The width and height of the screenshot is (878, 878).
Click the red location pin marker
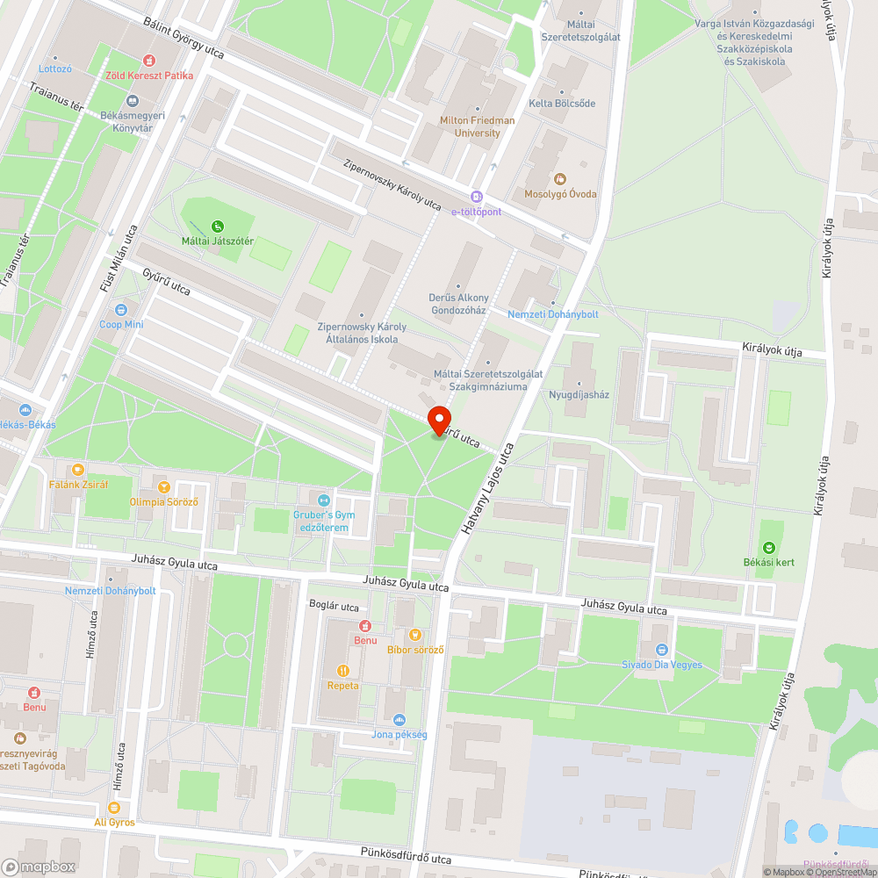point(438,420)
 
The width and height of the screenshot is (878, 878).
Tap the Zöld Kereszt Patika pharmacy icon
point(149,61)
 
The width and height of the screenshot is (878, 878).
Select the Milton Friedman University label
point(471,126)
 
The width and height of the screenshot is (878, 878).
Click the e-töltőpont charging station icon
point(477,197)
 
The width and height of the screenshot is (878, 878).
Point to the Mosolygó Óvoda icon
point(561,179)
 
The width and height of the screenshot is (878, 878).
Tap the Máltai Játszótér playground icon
point(218,227)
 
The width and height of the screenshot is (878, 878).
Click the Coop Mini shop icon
point(121,310)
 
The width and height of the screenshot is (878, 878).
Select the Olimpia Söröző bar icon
point(163,486)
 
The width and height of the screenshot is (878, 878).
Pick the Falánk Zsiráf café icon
point(78,470)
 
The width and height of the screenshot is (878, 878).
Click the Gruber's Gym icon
point(322,500)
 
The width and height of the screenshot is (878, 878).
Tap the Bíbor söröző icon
point(415,635)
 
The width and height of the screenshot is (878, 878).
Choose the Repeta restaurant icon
point(342,670)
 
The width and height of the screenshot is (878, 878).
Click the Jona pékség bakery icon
point(399,719)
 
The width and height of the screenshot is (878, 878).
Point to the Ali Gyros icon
point(113,808)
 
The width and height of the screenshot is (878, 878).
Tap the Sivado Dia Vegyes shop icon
point(662,650)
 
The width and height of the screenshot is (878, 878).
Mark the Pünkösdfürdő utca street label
point(406,854)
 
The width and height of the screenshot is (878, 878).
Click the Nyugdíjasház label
point(579,394)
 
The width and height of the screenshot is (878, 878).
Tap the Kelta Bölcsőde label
point(562,104)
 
